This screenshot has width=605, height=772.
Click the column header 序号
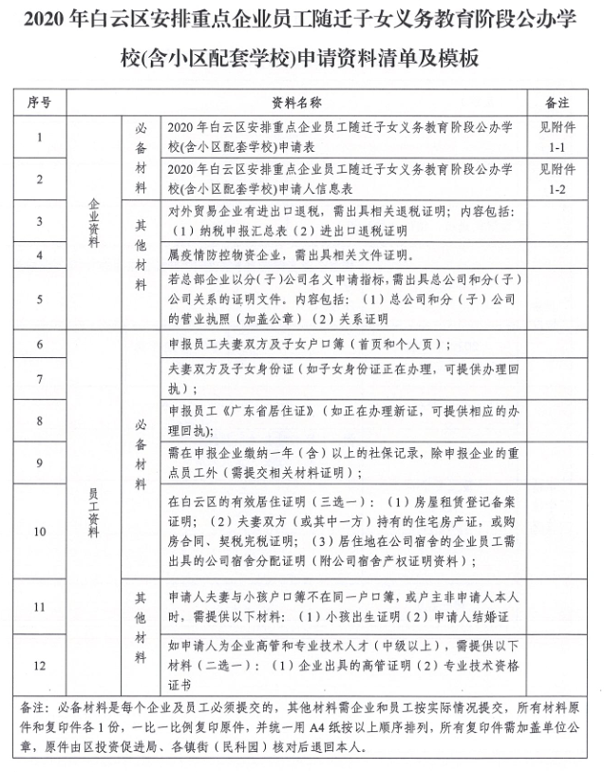coord(40,101)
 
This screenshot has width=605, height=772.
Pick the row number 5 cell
coord(40,299)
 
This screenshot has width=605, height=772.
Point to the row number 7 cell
coord(40,379)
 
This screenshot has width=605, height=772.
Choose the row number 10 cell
coord(40,531)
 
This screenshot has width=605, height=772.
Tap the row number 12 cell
coord(40,664)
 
